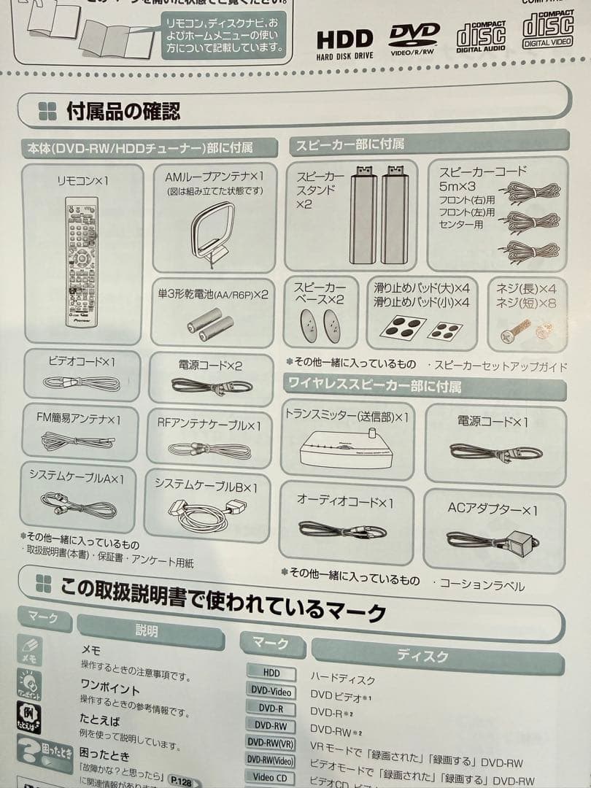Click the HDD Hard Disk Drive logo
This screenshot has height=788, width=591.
(344, 42)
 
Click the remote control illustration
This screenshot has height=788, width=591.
(81, 262)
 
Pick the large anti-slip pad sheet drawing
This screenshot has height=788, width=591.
(402, 328)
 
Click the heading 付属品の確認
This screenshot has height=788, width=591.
(123, 112)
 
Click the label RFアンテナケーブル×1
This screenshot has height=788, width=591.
(209, 424)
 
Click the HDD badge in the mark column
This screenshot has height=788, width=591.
(271, 673)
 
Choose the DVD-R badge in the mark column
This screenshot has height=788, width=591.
(271, 708)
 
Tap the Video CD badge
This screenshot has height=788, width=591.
(270, 777)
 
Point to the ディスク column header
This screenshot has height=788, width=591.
(423, 655)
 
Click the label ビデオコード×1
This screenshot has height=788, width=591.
(82, 361)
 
